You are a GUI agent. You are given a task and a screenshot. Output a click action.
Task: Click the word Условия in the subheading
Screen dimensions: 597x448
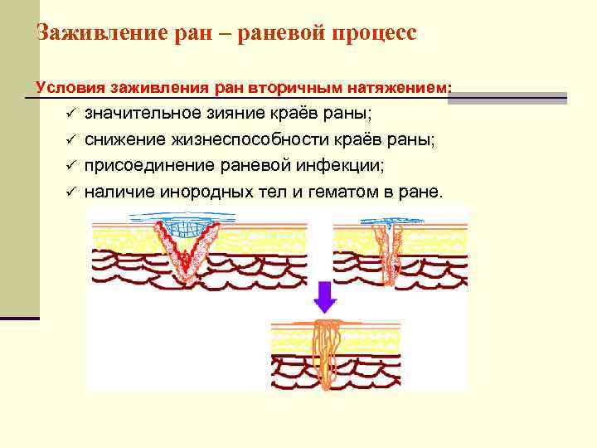(66, 87)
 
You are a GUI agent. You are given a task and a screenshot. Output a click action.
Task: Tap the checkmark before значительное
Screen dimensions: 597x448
(72, 114)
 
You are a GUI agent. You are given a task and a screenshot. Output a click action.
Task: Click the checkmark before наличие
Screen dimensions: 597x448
(72, 192)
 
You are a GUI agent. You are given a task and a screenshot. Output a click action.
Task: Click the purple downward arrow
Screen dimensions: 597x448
(325, 296)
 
